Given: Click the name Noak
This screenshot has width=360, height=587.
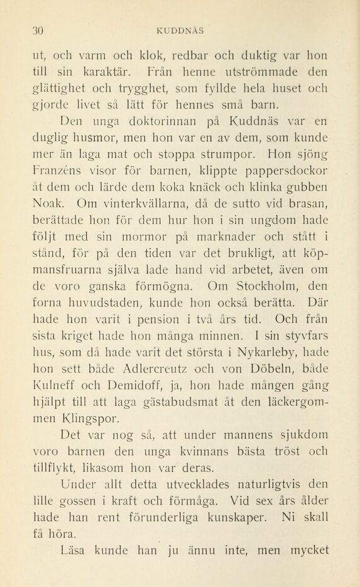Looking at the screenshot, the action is (50, 203).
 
